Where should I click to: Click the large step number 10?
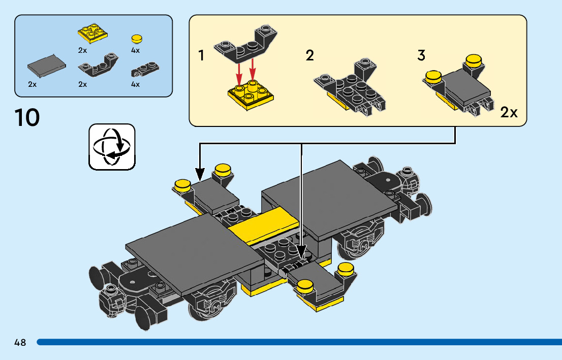(27, 118)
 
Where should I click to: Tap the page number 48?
(20, 342)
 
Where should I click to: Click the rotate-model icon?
(112, 146)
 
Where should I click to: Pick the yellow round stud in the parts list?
(136, 39)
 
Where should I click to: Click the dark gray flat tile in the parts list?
(47, 65)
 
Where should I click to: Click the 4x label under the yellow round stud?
(135, 50)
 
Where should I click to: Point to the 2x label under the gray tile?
(33, 84)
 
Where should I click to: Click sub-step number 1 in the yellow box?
(201, 55)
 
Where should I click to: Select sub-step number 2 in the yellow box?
(309, 55)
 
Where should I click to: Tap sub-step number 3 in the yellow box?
(421, 55)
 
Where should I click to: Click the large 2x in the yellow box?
(509, 112)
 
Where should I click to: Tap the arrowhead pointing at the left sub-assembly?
(200, 175)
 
